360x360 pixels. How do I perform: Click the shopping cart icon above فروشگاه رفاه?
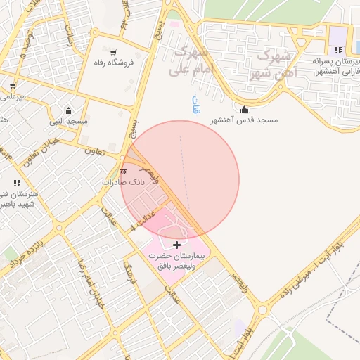coord(114,52)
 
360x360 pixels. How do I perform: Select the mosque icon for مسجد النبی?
coord(68,110)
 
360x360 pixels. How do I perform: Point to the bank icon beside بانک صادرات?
coord(124,172)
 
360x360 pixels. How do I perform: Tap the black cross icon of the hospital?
coord(176,244)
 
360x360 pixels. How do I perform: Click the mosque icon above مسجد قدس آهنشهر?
coord(244,109)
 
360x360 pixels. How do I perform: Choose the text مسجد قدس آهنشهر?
coord(244,120)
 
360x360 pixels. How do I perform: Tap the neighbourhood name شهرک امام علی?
coord(190,60)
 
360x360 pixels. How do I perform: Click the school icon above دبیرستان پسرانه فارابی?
coord(338,50)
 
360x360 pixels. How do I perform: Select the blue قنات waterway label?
coord(195,104)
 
